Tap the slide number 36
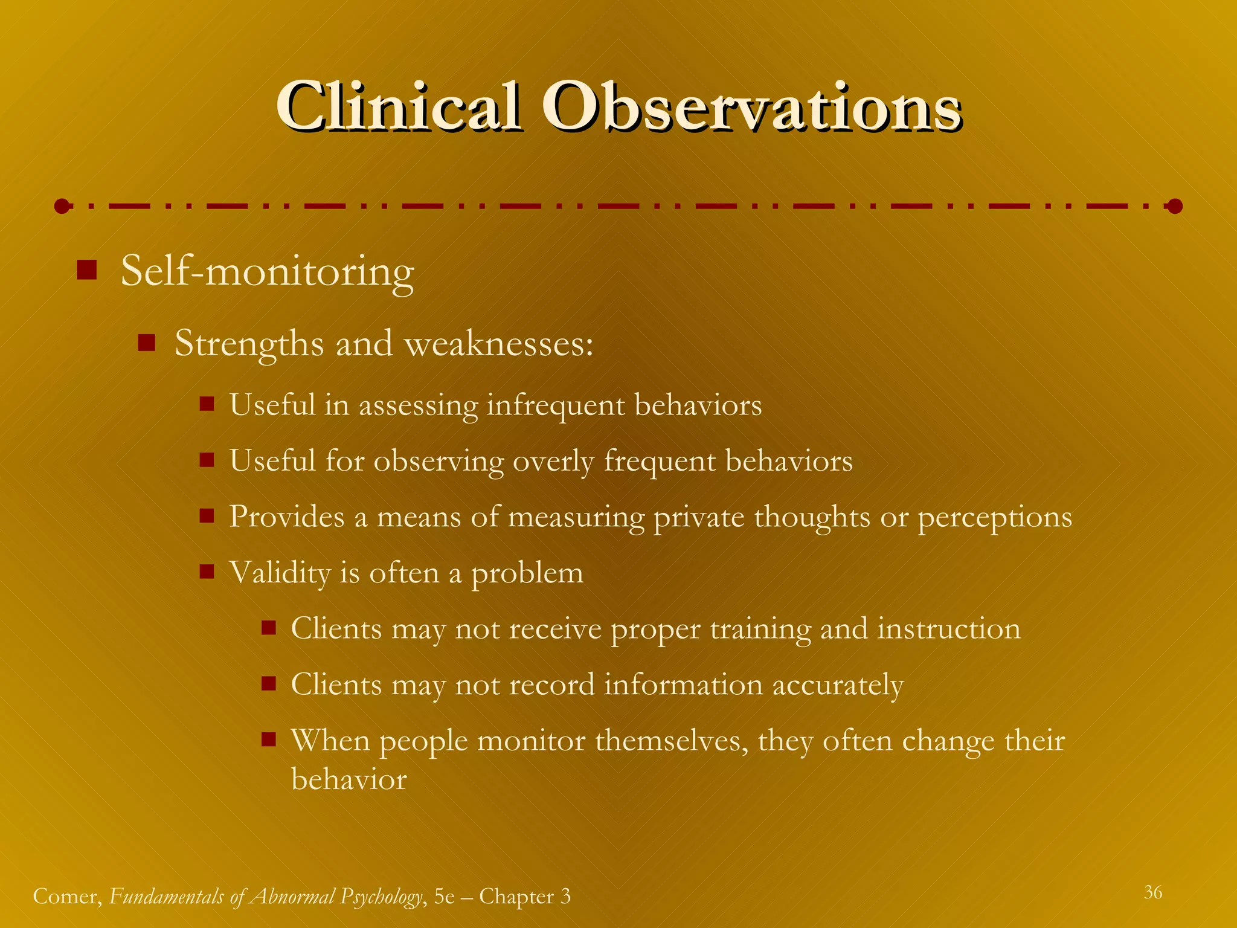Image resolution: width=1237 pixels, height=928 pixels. pyautogui.click(x=1152, y=892)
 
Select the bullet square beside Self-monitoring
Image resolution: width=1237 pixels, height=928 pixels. pyautogui.click(x=87, y=270)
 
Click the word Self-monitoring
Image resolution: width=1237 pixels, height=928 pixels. pyautogui.click(x=268, y=272)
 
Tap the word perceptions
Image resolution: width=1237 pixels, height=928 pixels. pyautogui.click(x=995, y=518)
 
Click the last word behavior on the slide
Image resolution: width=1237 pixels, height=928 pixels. pyautogui.click(x=349, y=779)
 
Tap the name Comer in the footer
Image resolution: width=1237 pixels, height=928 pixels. pyautogui.click(x=66, y=896)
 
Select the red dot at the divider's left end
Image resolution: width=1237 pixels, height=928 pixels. pyautogui.click(x=62, y=207)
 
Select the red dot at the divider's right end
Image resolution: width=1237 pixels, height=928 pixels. pyautogui.click(x=1175, y=207)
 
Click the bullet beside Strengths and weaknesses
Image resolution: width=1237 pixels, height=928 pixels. pyautogui.click(x=147, y=344)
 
